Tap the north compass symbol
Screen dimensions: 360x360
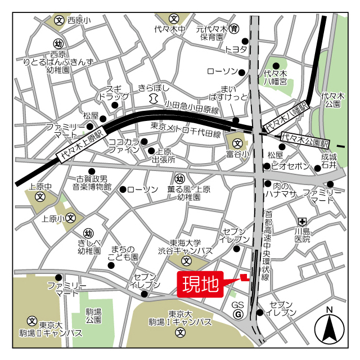point(329,328)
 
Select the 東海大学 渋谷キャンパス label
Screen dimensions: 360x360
point(192,246)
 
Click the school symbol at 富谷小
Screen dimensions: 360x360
point(237,143)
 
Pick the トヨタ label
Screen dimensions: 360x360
point(236,50)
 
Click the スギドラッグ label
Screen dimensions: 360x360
point(110,93)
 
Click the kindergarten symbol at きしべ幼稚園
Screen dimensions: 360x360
point(88,233)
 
